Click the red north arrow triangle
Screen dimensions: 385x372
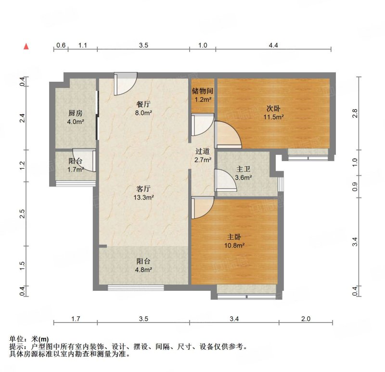[x=26, y=46]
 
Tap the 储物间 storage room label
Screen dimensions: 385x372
[x=203, y=95]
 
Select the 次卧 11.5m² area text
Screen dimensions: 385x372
[x=273, y=112]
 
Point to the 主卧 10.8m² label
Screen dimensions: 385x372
[x=234, y=241]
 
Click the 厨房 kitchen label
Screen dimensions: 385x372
[x=76, y=117]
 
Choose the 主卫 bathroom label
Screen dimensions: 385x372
[x=244, y=173]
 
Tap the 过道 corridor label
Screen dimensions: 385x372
[x=203, y=155]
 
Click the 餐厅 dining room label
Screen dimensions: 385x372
[x=143, y=109]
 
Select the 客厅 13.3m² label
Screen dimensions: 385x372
[x=143, y=193]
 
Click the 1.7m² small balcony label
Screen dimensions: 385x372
[x=76, y=170]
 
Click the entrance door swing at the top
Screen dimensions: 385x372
[x=126, y=84]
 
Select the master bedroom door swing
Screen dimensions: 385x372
[x=203, y=208]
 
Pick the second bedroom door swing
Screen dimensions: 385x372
[x=228, y=135]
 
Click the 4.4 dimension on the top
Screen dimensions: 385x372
[x=273, y=45]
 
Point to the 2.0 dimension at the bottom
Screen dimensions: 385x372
[x=306, y=319]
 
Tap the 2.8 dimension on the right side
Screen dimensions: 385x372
[x=355, y=113]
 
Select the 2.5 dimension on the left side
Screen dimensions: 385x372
[x=23, y=213]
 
